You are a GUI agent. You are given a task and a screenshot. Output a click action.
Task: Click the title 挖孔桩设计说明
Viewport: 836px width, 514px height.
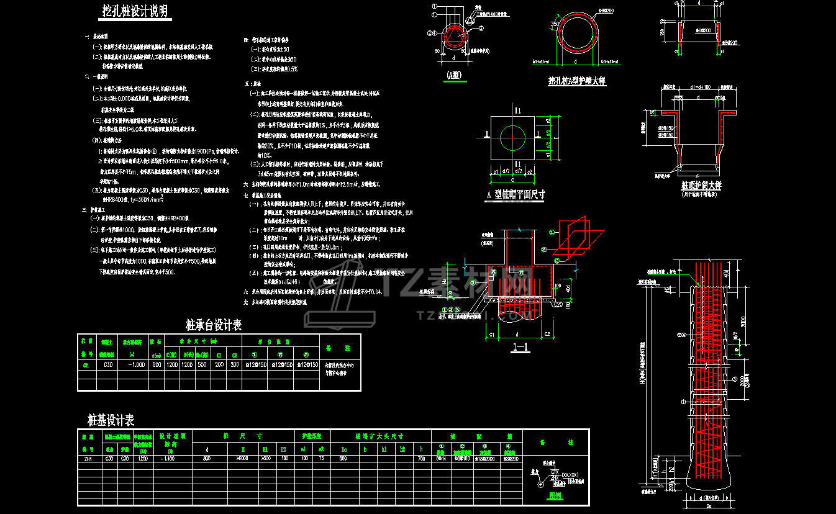pyautogui.click(x=135, y=11)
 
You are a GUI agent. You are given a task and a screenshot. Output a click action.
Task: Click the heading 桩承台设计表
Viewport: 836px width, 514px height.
pyautogui.click(x=214, y=325)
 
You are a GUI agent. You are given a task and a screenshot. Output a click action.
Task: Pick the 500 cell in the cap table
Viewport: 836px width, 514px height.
pyautogui.click(x=202, y=365)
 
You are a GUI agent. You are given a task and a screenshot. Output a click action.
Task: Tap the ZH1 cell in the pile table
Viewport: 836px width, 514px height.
pyautogui.click(x=88, y=459)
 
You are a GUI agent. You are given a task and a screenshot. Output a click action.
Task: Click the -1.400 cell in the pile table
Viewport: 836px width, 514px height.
pyautogui.click(x=166, y=459)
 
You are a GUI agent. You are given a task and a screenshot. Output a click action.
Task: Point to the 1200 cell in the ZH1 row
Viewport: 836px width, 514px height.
pyautogui.click(x=142, y=459)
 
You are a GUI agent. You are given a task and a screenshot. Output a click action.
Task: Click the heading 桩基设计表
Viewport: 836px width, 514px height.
pyautogui.click(x=111, y=421)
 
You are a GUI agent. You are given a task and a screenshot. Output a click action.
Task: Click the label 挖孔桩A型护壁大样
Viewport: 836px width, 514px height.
pyautogui.click(x=576, y=81)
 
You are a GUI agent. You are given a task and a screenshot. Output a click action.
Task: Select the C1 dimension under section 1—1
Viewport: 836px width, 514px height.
pyautogui.click(x=491, y=335)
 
